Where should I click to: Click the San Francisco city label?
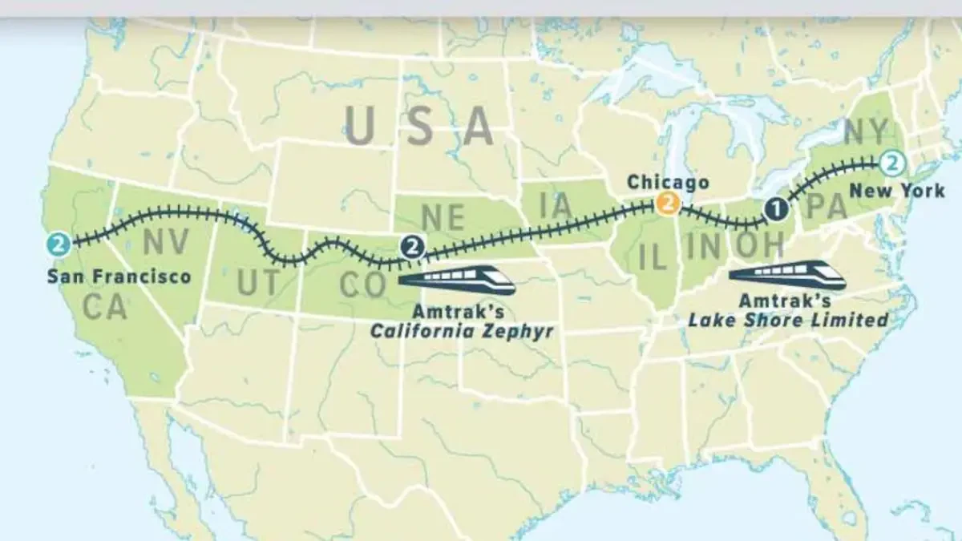[119, 277]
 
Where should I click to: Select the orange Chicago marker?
[667, 204]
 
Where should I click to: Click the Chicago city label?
[668, 182]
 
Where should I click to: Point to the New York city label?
[897, 191]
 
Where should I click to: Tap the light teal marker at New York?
[891, 164]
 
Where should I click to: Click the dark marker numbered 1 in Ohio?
[775, 209]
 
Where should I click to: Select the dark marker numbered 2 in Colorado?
[412, 246]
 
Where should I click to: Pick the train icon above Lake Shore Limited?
[787, 275]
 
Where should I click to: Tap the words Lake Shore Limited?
[788, 320]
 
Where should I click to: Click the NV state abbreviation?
[167, 241]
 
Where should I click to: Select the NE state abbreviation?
[443, 217]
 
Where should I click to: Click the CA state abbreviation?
[105, 306]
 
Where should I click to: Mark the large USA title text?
[418, 126]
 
